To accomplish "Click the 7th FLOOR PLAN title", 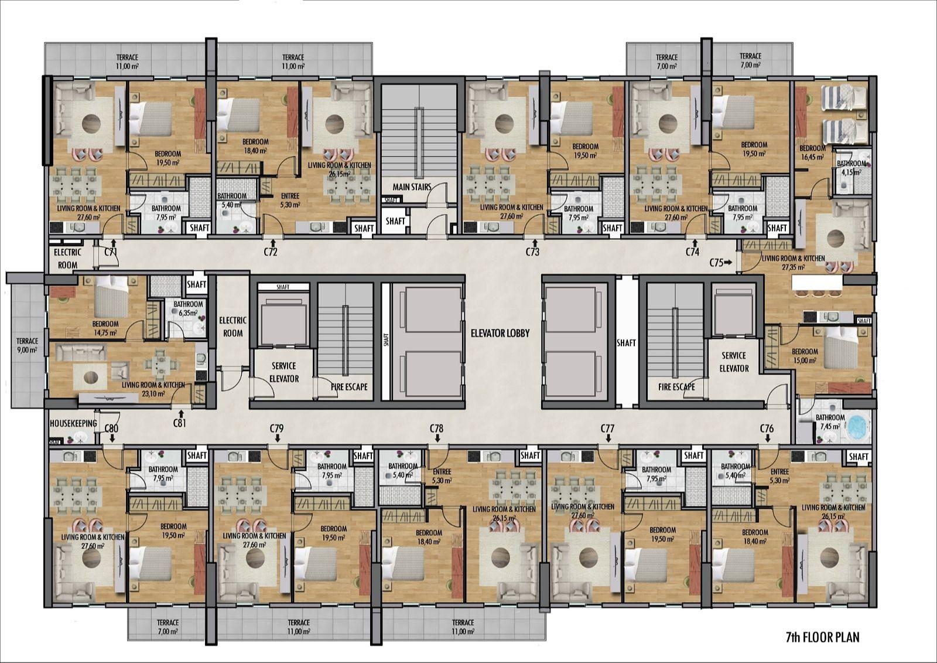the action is point(823,637).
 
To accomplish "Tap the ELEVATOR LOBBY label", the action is point(500,334).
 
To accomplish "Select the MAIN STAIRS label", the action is point(412,187).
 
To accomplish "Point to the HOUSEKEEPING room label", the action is point(73,423).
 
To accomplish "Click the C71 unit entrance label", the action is point(111,251).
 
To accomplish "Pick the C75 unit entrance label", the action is point(717,263).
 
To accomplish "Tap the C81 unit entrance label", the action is point(179,423).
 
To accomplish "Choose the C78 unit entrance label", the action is point(436,428).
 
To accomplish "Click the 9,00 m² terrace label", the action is point(27,350).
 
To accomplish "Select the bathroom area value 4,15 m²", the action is point(851,172).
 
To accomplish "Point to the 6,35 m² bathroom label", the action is point(188,312).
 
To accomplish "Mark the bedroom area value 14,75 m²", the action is point(105,332).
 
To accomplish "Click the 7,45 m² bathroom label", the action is point(830,426).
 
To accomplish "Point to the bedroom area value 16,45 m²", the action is point(812,157).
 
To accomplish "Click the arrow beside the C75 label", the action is point(729,263).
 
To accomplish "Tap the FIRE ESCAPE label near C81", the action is point(349,386).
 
